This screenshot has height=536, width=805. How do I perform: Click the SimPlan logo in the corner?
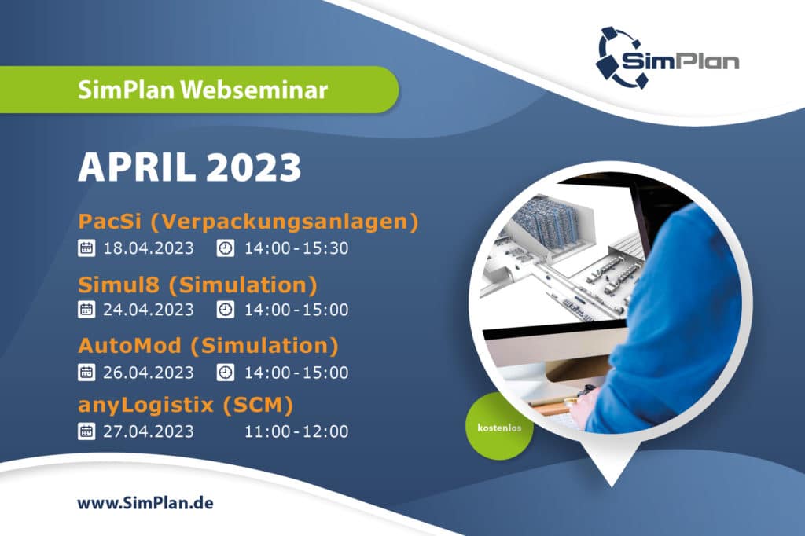[667, 57]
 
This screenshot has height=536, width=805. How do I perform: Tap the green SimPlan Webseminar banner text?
[203, 90]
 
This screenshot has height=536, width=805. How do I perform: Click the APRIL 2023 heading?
[189, 167]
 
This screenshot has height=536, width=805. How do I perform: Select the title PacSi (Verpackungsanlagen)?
[248, 222]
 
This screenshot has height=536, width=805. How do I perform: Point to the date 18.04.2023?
[149, 248]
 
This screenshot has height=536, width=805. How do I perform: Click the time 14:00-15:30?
[296, 248]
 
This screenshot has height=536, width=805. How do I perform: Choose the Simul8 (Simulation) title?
[197, 285]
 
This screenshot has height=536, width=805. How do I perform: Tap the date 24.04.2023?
[149, 310]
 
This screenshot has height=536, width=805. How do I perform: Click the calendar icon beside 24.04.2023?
[86, 310]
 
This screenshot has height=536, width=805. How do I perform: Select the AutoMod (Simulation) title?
[208, 346]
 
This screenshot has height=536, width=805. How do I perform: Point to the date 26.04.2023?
[149, 373]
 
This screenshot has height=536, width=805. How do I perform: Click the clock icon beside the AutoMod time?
[226, 373]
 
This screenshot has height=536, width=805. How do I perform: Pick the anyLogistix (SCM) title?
[186, 405]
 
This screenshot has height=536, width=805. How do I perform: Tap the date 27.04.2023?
[149, 431]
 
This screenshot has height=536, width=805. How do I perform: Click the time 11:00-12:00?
[296, 431]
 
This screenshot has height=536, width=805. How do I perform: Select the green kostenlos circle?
[499, 428]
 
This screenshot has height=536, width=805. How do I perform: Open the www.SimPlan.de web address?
[145, 503]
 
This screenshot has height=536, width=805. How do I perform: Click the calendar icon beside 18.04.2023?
[86, 248]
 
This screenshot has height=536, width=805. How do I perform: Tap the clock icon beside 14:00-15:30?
[226, 248]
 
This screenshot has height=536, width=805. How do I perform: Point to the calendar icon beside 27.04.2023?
[86, 431]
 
